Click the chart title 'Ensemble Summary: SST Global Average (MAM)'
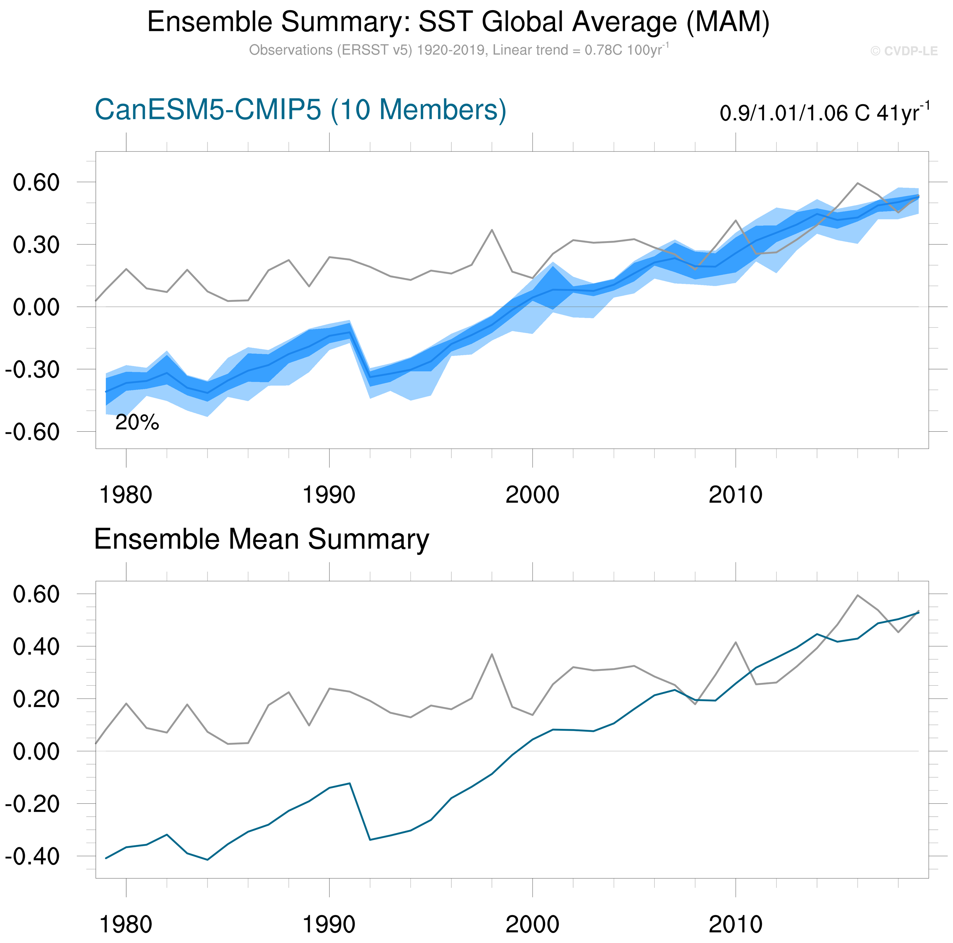[x=458, y=22]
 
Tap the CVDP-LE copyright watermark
[x=904, y=51]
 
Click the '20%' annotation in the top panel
[x=137, y=422]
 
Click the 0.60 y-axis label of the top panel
[x=36, y=183]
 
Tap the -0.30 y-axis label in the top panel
[x=32, y=369]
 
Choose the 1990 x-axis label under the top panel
[x=329, y=495]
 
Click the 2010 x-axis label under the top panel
[x=735, y=495]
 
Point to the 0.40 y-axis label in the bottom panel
[x=36, y=646]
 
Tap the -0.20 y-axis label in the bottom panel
[x=32, y=804]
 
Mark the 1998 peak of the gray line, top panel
[x=492, y=230]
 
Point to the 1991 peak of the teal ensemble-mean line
[x=350, y=783]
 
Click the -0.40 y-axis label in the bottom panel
[x=32, y=857]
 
